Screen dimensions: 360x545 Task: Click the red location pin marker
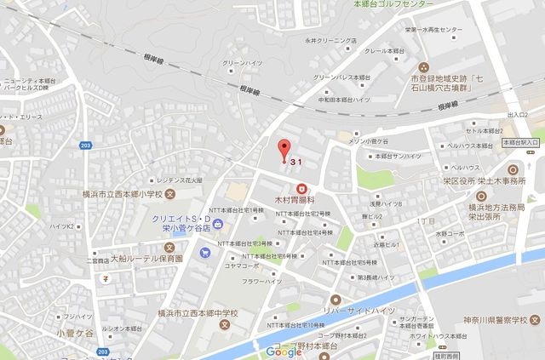(x=284, y=146)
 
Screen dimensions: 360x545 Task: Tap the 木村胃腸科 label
(x=299, y=202)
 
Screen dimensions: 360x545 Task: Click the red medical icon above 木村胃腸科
(x=301, y=188)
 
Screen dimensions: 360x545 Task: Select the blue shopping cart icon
(x=204, y=253)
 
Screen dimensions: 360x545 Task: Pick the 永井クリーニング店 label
(x=330, y=40)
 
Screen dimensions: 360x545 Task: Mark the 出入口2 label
(x=516, y=115)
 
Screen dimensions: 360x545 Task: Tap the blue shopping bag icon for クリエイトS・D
(x=219, y=223)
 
